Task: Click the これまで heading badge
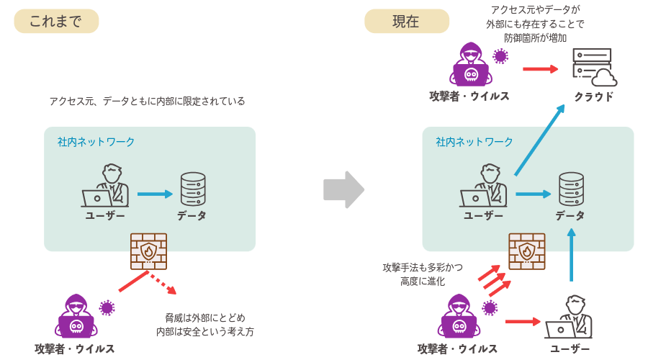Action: point(56,22)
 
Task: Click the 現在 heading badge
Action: point(406,22)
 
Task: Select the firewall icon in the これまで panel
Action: point(148,251)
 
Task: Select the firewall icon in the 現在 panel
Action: point(526,251)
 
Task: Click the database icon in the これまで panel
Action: point(193,189)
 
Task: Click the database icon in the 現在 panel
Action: point(571,189)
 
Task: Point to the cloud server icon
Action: point(593,67)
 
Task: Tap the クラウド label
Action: point(594,96)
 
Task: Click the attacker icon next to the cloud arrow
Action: point(471,65)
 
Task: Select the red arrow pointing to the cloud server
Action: point(540,69)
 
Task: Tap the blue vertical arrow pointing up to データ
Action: point(572,255)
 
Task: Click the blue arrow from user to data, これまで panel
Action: point(155,194)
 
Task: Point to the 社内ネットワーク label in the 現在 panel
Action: point(474,142)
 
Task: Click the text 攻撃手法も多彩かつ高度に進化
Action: point(423,274)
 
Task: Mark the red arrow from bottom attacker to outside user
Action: point(522,321)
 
